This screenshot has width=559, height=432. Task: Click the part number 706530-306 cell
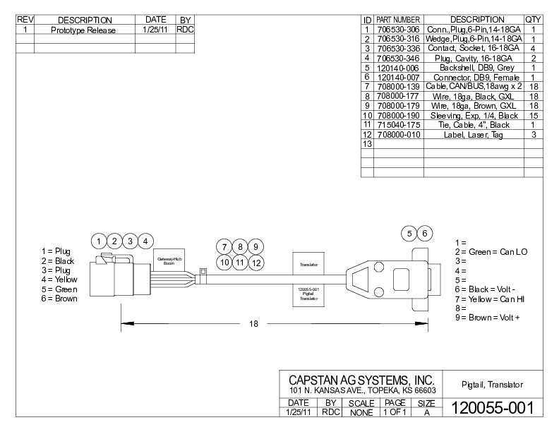click(398, 30)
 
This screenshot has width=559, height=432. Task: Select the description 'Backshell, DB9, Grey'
click(473, 68)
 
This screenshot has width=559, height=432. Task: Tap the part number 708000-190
click(398, 115)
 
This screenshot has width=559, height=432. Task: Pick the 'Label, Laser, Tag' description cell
click(473, 134)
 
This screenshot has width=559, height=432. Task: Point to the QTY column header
click(533, 20)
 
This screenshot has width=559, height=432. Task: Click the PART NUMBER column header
click(398, 20)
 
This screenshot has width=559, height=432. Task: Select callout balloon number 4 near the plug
click(146, 241)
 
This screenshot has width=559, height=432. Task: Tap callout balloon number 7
click(224, 247)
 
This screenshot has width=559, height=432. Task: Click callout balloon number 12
click(257, 263)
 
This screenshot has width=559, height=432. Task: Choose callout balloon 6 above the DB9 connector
click(425, 233)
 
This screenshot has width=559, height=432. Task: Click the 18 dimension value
click(253, 324)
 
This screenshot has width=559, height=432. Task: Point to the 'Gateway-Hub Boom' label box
click(169, 260)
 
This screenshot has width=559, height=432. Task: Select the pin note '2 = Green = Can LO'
click(492, 252)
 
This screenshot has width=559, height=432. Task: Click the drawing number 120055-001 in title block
click(492, 407)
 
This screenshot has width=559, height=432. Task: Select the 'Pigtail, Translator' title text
click(492, 385)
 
